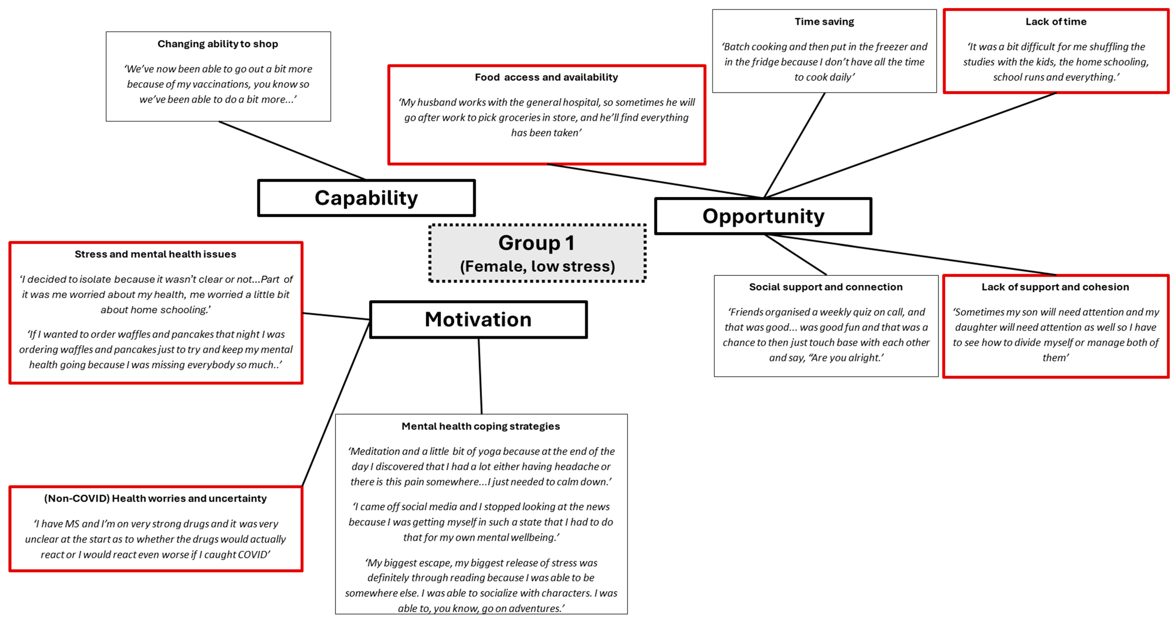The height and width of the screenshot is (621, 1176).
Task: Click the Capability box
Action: [366, 198]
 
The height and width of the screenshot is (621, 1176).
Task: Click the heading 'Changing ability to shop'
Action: [218, 44]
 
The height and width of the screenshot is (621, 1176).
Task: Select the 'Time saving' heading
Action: [824, 22]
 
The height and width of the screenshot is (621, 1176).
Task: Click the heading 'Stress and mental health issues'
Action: [155, 254]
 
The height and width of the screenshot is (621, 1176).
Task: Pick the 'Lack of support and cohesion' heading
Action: [1055, 287]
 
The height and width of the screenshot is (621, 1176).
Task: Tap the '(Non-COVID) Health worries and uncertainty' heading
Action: [155, 498]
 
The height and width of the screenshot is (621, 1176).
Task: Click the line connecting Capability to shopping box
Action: [292, 151]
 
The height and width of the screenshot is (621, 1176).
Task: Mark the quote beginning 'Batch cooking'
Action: [824, 62]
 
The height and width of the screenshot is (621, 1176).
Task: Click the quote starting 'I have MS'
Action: [155, 539]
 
